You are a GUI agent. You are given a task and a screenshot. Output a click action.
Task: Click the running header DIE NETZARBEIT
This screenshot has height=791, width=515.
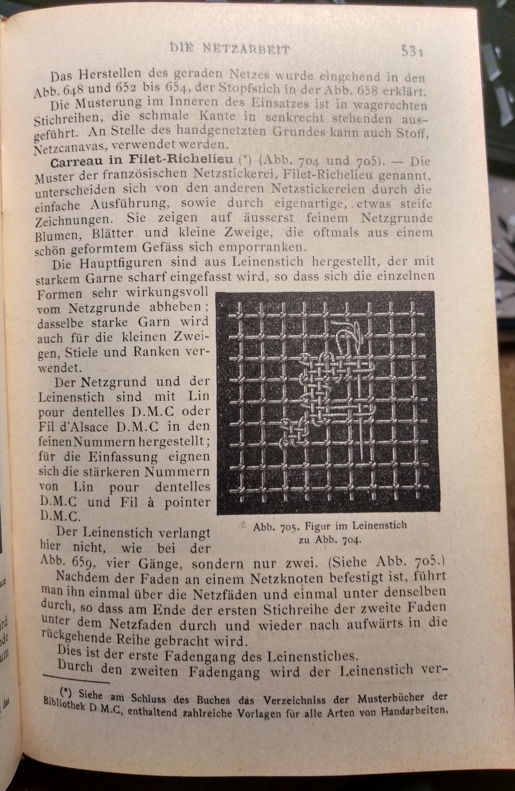(x=230, y=49)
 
